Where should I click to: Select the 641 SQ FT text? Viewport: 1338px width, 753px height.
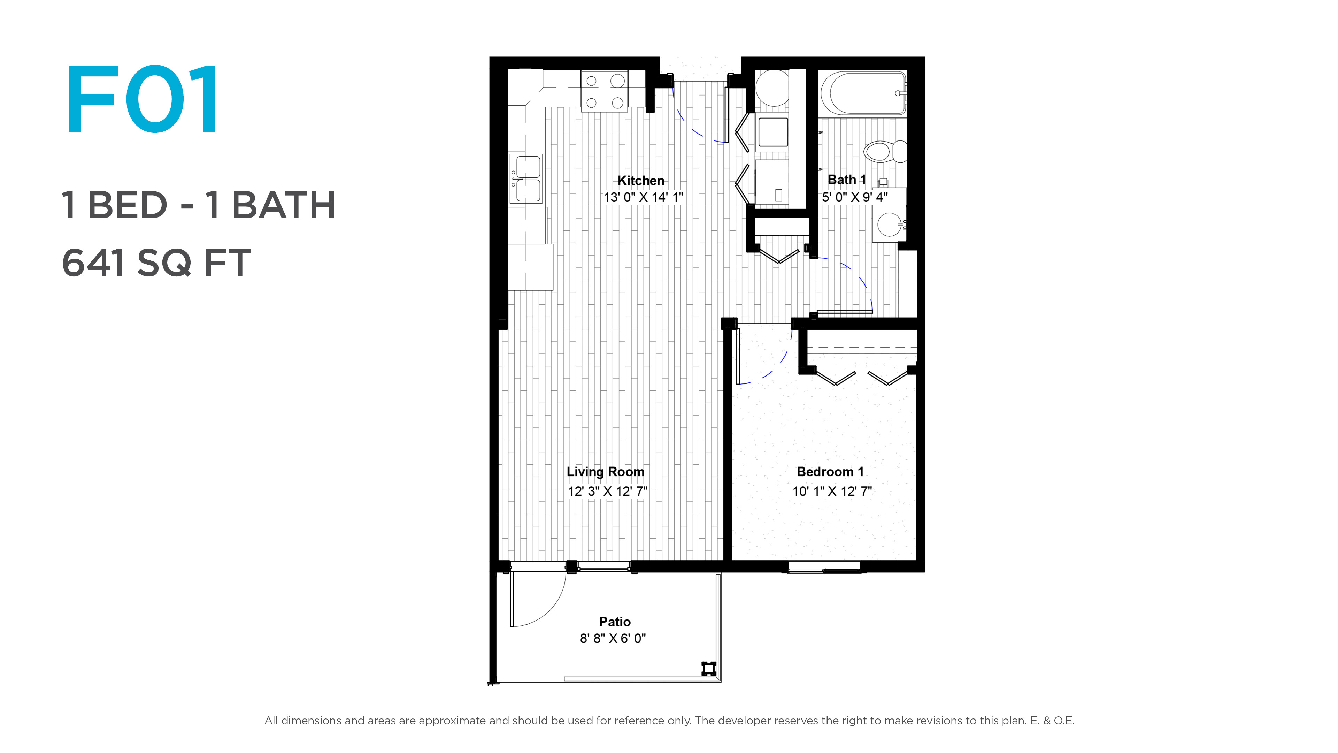tap(156, 263)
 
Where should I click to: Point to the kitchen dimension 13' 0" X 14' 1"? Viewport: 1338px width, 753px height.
tap(643, 197)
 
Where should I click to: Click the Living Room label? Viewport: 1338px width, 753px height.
tap(605, 472)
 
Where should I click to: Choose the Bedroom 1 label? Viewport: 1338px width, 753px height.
tap(830, 472)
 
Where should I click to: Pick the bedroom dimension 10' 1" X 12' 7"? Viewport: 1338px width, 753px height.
tap(832, 491)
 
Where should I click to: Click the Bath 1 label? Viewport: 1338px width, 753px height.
tap(847, 180)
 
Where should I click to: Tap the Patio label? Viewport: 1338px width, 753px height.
tap(614, 622)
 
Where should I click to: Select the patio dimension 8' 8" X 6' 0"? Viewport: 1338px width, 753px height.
tap(613, 638)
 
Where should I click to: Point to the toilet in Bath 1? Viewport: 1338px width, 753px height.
tap(885, 151)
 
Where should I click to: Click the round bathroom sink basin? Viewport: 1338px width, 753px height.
tap(889, 225)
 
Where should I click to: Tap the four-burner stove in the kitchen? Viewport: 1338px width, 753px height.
tap(604, 91)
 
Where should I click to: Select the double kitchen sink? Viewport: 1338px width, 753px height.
tap(526, 179)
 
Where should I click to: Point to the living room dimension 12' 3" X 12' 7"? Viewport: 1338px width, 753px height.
tap(607, 491)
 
